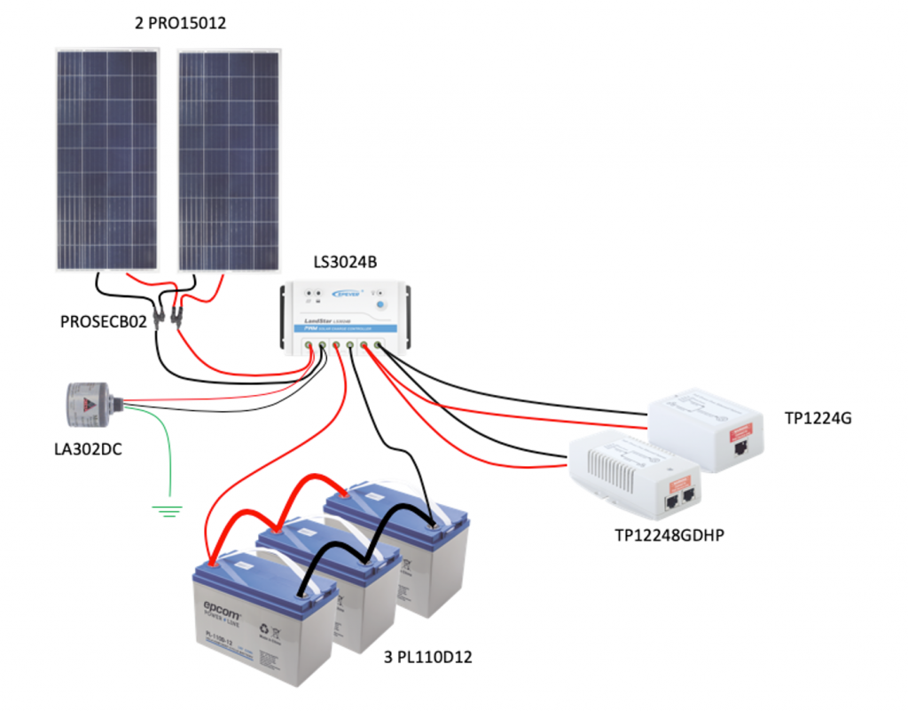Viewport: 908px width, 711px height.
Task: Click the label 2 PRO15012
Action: [x=180, y=24]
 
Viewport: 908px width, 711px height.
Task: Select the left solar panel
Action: [x=107, y=160]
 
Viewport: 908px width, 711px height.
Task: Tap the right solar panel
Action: [x=229, y=160]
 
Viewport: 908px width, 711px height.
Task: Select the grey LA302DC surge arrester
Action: [x=93, y=405]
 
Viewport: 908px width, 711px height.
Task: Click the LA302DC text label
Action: [x=88, y=449]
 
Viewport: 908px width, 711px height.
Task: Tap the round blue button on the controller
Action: [x=381, y=306]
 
